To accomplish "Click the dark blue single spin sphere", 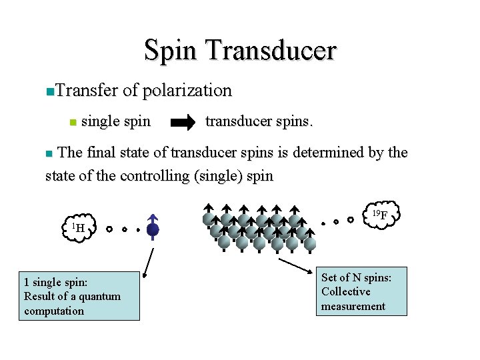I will [x=153, y=229].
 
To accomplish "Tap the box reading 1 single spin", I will [x=79, y=295].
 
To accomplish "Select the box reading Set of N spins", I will [x=361, y=291].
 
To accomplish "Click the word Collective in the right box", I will [x=345, y=291].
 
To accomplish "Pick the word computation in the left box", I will [x=54, y=311].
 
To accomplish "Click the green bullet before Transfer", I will [x=43, y=91].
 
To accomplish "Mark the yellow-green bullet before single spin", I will [x=74, y=123].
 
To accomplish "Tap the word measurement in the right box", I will [x=353, y=306].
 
